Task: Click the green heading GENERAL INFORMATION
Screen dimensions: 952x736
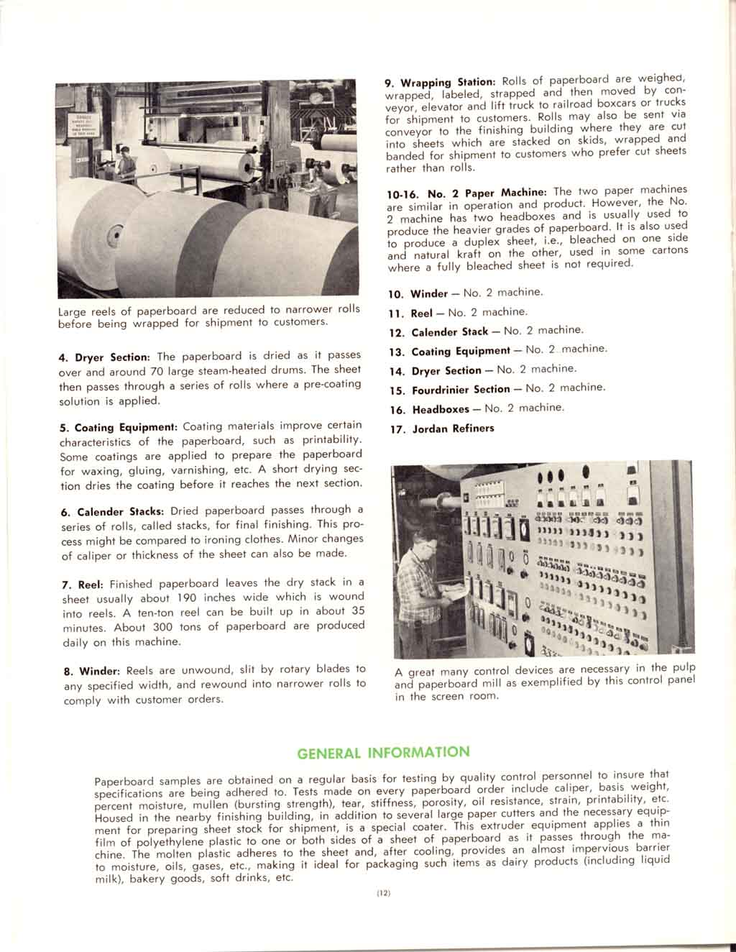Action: point(383,754)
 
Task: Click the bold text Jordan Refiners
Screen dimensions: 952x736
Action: point(453,429)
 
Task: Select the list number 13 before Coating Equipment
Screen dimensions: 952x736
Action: point(397,352)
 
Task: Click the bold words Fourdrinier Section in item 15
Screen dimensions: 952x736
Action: point(461,390)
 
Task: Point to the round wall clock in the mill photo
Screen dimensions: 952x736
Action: point(316,99)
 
